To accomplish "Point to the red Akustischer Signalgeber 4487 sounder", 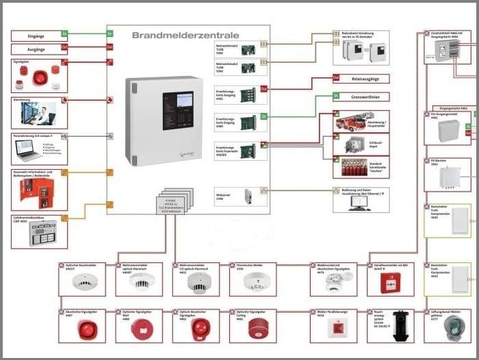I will point(85,329).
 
